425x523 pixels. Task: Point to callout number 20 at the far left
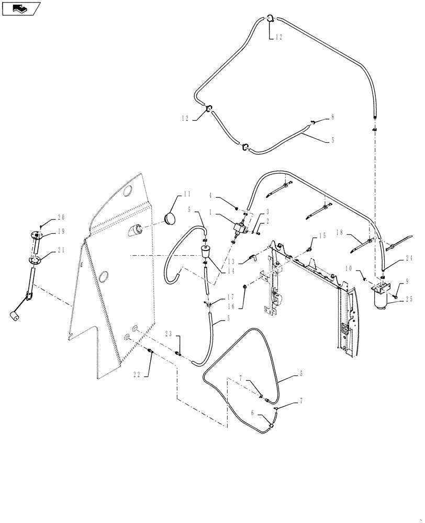[x=61, y=218]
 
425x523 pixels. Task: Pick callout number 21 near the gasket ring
[x=62, y=251]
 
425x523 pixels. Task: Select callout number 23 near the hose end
[x=169, y=334]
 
